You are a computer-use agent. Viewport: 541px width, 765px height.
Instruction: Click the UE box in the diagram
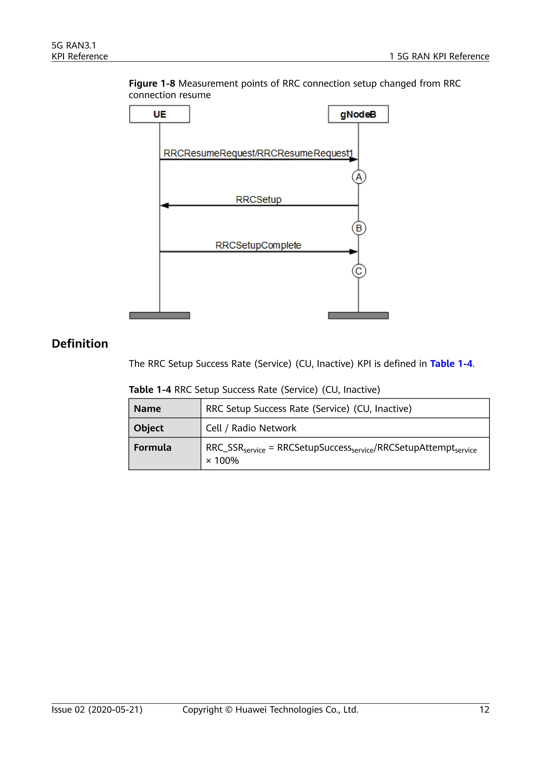click(x=160, y=114)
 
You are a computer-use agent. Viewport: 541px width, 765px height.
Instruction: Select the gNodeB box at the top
click(x=358, y=114)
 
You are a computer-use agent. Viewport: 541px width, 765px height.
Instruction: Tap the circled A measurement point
click(x=359, y=177)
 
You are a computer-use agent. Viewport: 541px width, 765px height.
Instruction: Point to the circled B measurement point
click(x=359, y=228)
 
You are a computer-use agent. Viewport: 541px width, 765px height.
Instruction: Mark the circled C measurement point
click(x=359, y=271)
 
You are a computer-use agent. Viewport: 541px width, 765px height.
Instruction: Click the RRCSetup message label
click(x=259, y=199)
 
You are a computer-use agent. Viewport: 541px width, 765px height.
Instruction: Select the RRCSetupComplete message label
click(x=258, y=245)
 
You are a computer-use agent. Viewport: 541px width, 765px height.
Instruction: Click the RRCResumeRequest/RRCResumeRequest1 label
click(x=258, y=153)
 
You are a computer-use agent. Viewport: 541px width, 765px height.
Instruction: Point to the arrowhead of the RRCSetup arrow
click(x=165, y=206)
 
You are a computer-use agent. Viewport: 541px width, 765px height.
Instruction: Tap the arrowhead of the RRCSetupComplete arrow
click(x=353, y=251)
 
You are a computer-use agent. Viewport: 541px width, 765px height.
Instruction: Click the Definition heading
click(x=80, y=343)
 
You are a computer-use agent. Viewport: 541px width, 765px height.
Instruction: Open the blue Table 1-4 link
click(x=451, y=363)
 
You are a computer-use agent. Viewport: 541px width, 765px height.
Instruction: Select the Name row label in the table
click(x=147, y=408)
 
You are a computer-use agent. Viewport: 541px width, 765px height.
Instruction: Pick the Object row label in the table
click(x=148, y=428)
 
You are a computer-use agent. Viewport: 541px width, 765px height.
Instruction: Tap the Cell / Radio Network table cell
click(x=251, y=428)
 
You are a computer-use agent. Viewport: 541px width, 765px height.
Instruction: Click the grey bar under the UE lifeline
click(x=160, y=315)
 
